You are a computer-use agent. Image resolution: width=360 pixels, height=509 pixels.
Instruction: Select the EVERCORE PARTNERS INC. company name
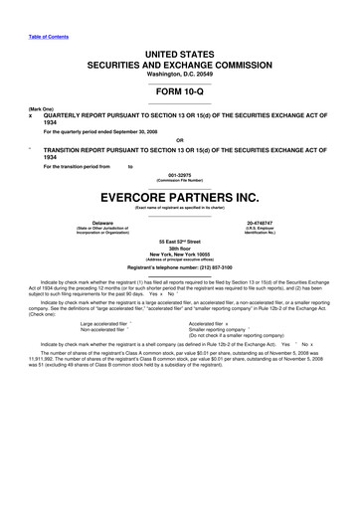(x=179, y=196)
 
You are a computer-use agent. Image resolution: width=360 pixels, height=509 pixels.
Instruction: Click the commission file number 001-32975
(x=179, y=176)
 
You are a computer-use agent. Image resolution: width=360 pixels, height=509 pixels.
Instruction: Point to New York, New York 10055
(x=179, y=260)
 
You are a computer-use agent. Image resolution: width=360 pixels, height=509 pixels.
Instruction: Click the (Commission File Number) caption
(x=179, y=182)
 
